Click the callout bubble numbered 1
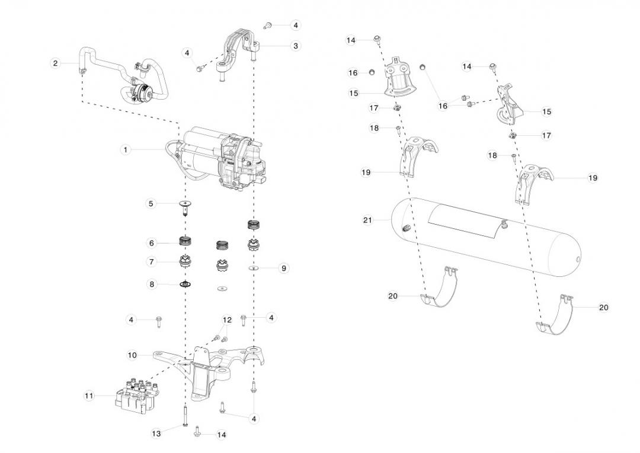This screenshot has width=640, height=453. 126,149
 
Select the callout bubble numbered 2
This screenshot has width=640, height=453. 55,63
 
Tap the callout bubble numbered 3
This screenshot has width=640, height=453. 296,45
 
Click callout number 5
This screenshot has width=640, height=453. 151,203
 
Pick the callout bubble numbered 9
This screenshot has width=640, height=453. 284,268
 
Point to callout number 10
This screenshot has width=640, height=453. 132,355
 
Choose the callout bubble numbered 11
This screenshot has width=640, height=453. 89,395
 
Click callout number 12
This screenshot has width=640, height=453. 227,320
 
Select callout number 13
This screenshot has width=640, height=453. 156,433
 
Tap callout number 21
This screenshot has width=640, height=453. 367,220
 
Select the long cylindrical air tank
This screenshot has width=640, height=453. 486,237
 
